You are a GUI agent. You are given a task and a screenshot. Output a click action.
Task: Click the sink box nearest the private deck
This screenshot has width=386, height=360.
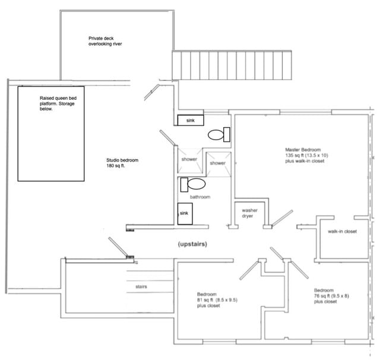[x=191, y=120]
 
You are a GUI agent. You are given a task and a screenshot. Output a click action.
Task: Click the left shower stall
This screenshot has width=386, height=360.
[x=190, y=159]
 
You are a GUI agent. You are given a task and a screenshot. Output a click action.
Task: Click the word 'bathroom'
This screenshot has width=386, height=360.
[x=200, y=197]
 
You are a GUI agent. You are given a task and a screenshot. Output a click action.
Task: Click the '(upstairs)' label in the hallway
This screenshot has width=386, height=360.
[x=191, y=244]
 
